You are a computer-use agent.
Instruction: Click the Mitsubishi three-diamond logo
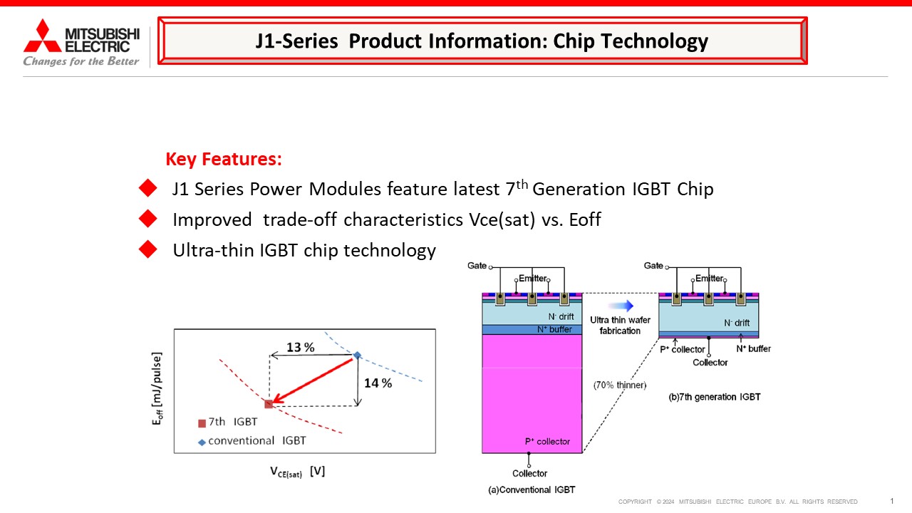click(42, 36)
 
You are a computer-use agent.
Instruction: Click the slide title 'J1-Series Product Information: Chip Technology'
click(482, 41)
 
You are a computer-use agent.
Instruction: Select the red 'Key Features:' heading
click(224, 159)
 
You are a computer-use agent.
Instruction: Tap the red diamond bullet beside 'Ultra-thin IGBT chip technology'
click(147, 249)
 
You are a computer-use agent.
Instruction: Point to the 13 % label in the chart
click(301, 347)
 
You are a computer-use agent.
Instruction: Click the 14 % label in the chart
click(378, 383)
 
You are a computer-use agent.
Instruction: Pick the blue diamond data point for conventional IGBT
click(357, 355)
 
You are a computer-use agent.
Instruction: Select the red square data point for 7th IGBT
click(269, 404)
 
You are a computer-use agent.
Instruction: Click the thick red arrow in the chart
click(312, 380)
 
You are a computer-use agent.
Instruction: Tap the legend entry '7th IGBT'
click(227, 423)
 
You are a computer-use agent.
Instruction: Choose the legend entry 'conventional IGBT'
click(252, 441)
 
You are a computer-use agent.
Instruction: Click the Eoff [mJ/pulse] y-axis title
click(157, 389)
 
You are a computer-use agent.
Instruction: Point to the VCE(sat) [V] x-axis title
click(298, 472)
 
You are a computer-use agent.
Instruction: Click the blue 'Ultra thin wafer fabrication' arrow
click(621, 306)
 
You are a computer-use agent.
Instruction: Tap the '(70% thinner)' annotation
click(620, 385)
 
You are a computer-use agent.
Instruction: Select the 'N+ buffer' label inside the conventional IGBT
click(554, 329)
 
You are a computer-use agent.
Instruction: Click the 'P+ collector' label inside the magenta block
click(547, 441)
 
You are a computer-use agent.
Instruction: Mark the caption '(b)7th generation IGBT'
click(715, 397)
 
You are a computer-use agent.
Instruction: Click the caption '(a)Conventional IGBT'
click(532, 489)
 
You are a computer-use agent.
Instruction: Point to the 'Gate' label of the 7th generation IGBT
click(653, 266)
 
